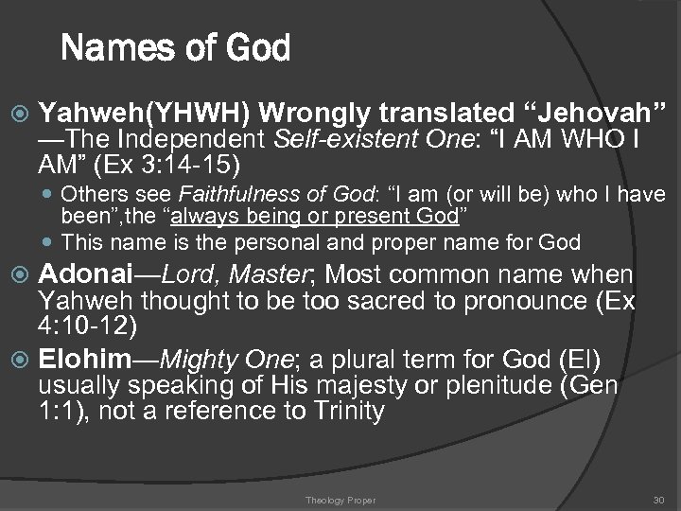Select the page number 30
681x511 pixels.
(x=659, y=500)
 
